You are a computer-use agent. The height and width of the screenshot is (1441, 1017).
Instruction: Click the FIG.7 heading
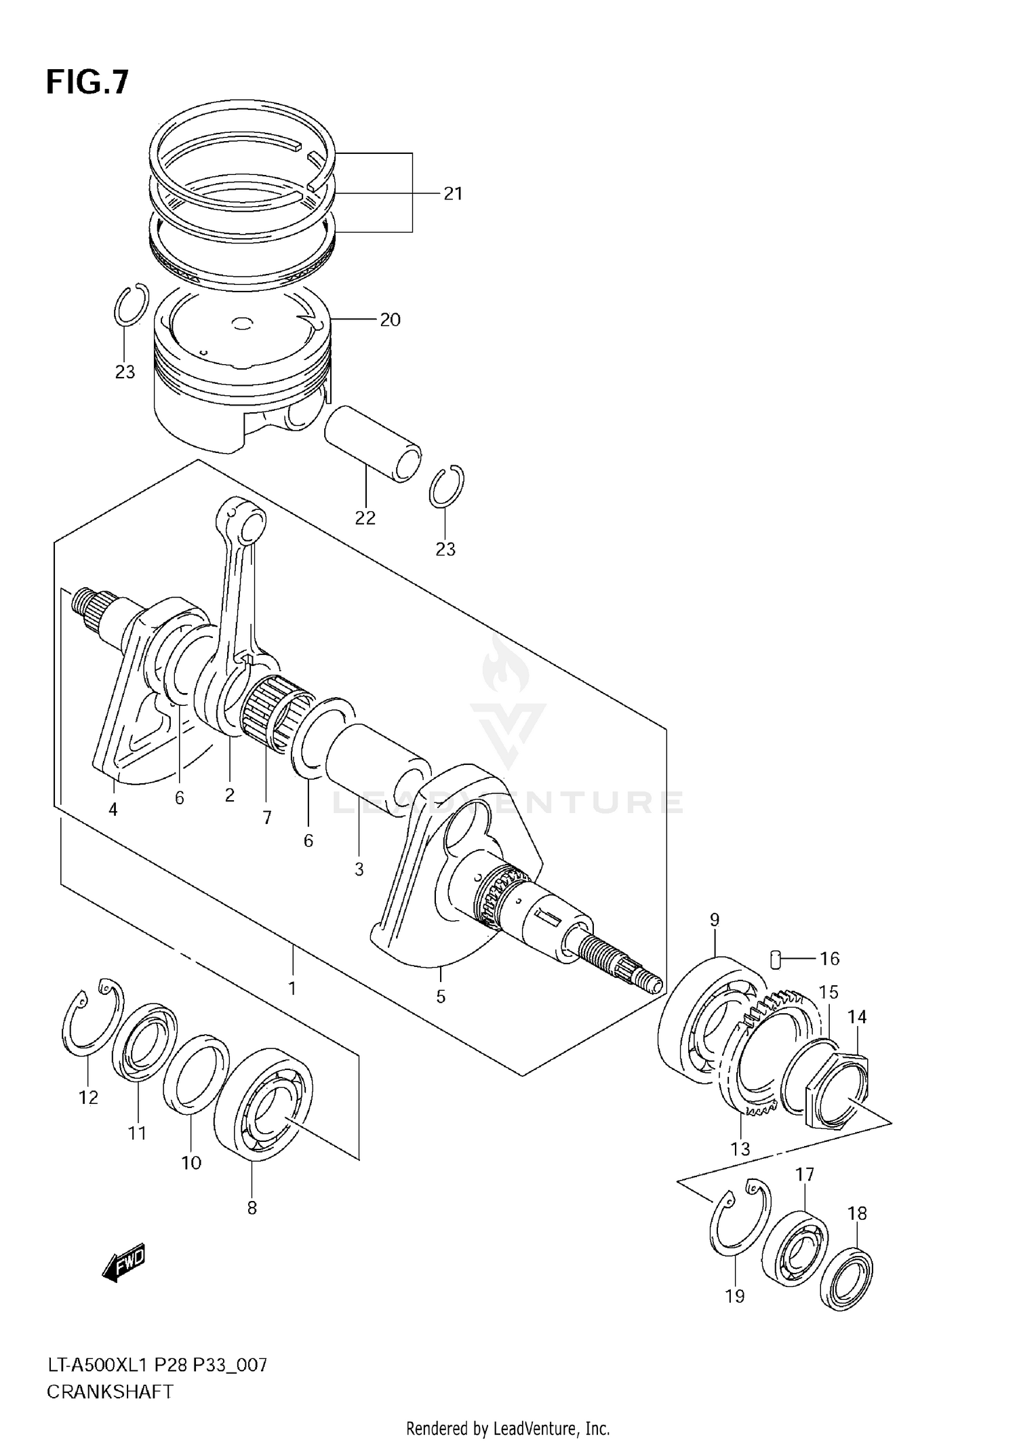pos(87,83)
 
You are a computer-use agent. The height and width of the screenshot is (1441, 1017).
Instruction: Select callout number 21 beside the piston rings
pos(452,194)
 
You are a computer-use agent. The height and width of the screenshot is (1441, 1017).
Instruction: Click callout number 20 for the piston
pos(390,319)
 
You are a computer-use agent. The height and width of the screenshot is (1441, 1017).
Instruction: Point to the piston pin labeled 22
pos(372,443)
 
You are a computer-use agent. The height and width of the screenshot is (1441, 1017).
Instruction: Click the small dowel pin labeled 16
pos(777,958)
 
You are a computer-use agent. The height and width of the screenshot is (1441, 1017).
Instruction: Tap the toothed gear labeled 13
pos(753,1058)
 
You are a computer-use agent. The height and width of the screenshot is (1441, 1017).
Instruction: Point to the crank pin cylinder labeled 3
pos(376,768)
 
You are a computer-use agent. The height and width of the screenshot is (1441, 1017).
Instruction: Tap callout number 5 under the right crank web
pos(441,996)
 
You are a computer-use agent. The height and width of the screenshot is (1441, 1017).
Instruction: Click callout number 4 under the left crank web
pos(113,809)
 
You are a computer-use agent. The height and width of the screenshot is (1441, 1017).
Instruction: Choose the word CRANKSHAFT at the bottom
pos(110,1391)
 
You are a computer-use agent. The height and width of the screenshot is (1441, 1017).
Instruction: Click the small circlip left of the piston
pos(130,305)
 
